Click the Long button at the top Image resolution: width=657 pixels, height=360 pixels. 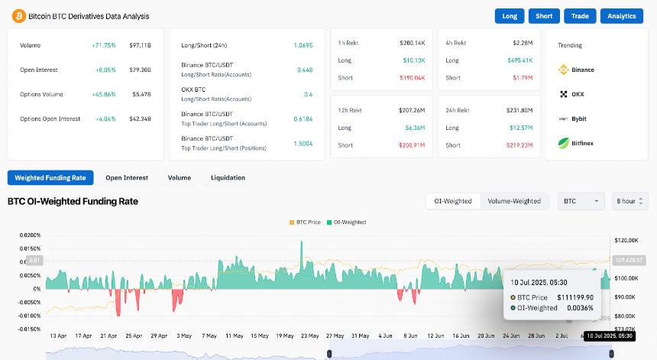click(510, 16)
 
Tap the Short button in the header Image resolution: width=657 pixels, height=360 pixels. click(544, 16)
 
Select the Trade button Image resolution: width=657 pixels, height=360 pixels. click(580, 16)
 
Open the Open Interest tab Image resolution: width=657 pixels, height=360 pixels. click(127, 178)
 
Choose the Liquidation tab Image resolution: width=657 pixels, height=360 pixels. click(228, 178)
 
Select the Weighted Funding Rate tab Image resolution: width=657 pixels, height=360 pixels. click(50, 178)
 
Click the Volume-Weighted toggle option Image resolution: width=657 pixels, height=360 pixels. click(514, 201)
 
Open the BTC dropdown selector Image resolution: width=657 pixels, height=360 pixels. click(581, 201)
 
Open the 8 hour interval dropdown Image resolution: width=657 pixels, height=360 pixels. click(629, 201)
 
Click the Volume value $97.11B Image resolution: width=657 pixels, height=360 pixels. click(141, 46)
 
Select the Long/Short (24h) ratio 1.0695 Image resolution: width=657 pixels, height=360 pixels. click(304, 46)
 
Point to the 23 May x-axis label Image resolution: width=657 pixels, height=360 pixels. click(309, 336)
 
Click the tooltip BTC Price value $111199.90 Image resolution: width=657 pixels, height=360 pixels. click(577, 297)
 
